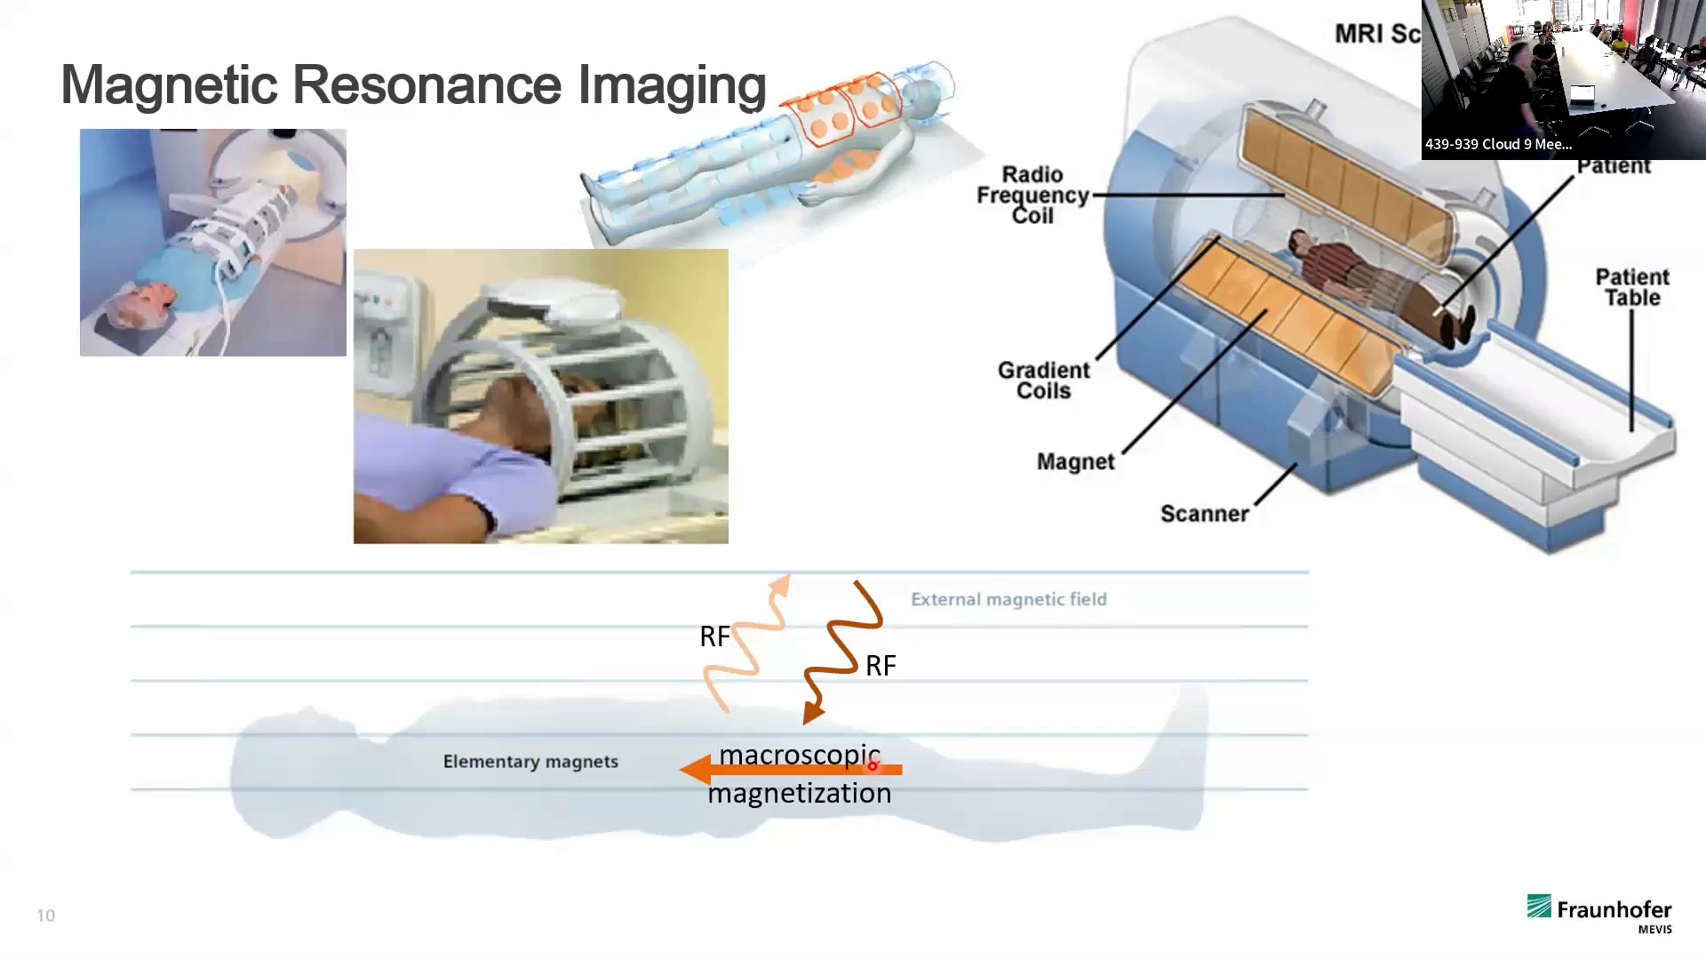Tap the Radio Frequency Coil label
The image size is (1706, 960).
(x=1032, y=195)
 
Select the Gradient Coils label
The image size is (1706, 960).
(x=1043, y=380)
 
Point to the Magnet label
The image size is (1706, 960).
(x=1075, y=461)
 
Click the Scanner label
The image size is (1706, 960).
(x=1204, y=514)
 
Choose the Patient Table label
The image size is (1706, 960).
(x=1631, y=287)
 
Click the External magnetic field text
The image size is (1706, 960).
(x=1008, y=599)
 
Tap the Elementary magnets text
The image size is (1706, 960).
(x=530, y=762)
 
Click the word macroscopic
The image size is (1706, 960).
(x=799, y=755)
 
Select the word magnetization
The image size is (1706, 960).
(x=799, y=793)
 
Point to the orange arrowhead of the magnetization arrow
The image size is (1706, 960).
(x=696, y=770)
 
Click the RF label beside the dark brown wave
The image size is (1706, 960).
(x=881, y=666)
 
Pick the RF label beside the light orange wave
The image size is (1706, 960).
(x=714, y=636)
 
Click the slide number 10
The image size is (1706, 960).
(x=46, y=916)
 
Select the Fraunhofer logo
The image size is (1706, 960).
(x=1599, y=913)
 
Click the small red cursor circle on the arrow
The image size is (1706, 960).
(x=873, y=765)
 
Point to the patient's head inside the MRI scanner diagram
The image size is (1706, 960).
(x=1298, y=241)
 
